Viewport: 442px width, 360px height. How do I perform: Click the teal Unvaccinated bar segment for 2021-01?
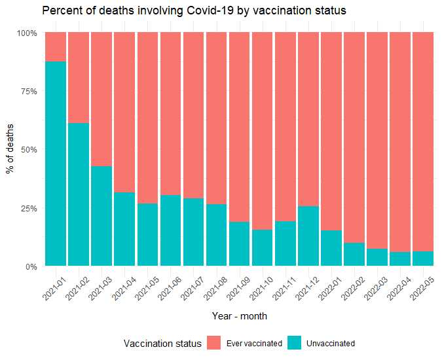pyautogui.click(x=56, y=164)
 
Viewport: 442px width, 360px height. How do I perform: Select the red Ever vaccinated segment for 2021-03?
pyautogui.click(x=101, y=98)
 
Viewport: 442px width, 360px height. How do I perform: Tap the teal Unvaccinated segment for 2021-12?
pyautogui.click(x=308, y=236)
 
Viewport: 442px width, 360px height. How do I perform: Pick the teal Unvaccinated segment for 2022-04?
pyautogui.click(x=400, y=259)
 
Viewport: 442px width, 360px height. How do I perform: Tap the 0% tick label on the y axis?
pyautogui.click(x=30, y=267)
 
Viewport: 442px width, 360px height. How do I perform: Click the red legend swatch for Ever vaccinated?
pyautogui.click(x=214, y=343)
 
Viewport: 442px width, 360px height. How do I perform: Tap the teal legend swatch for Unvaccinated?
pyautogui.click(x=295, y=343)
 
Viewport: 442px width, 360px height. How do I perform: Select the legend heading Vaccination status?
pyautogui.click(x=162, y=343)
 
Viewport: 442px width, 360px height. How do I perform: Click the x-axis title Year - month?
pyautogui.click(x=239, y=315)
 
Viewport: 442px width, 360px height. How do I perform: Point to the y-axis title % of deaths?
pyautogui.click(x=10, y=150)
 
